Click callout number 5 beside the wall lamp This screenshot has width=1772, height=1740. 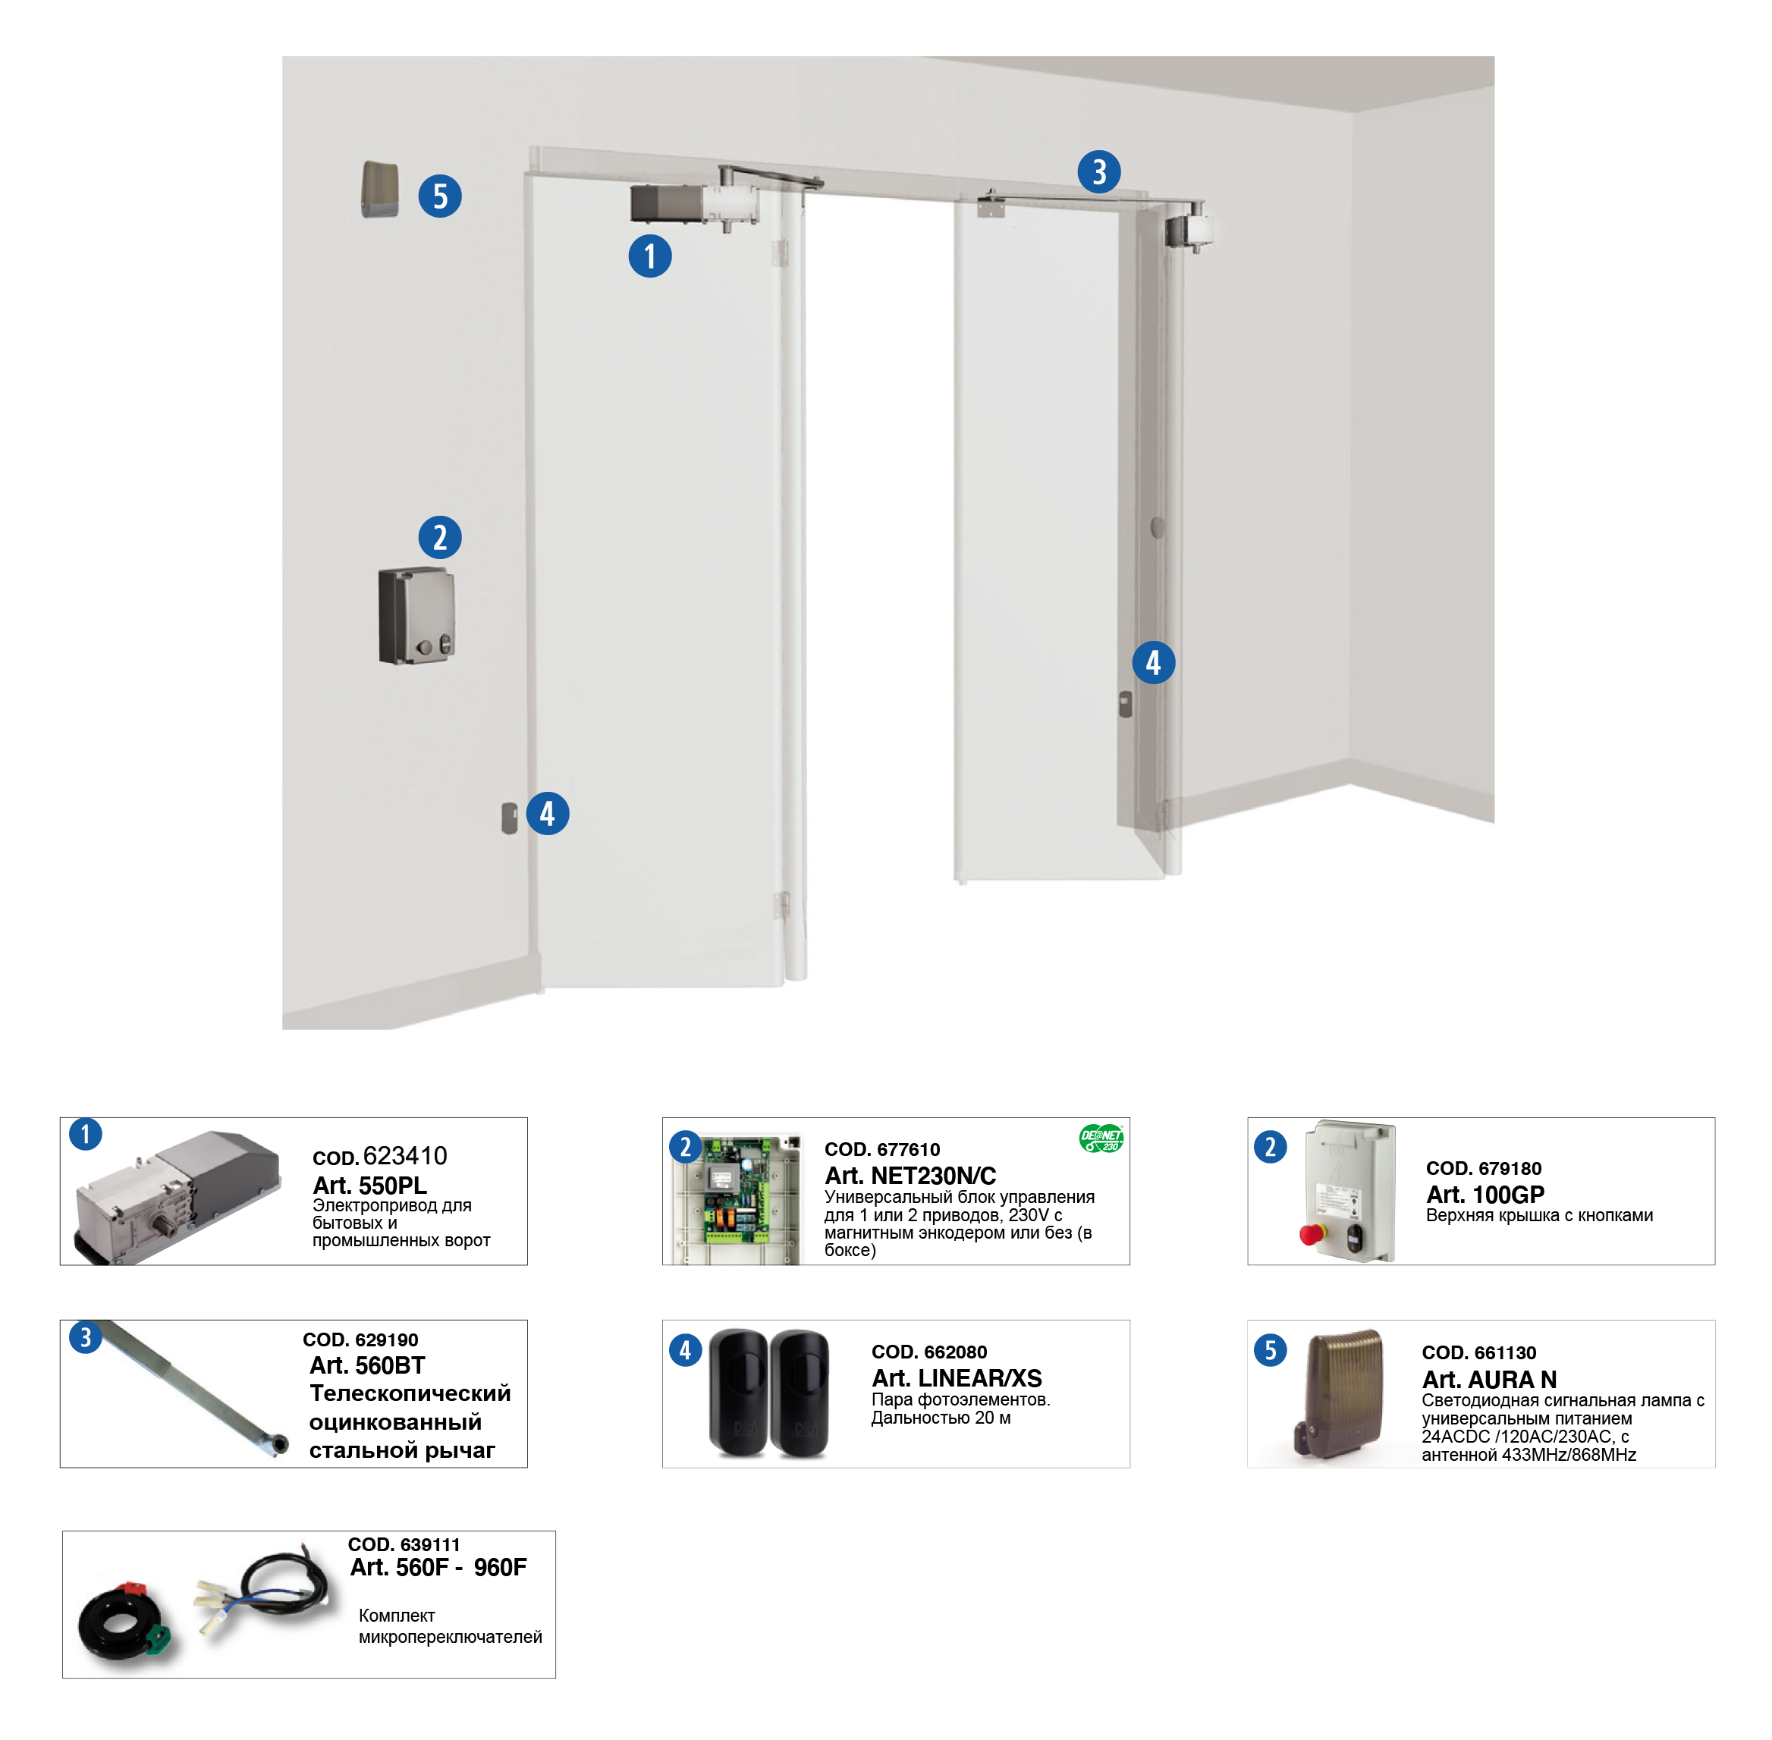click(439, 196)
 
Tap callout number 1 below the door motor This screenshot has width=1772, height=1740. click(650, 256)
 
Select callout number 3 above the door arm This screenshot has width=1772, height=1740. click(1098, 171)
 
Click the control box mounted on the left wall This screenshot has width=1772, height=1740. click(416, 615)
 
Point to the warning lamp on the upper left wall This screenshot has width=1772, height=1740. click(380, 189)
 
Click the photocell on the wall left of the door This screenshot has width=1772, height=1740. click(509, 818)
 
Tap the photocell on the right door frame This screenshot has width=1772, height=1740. click(1125, 704)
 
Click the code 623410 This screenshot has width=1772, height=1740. click(405, 1156)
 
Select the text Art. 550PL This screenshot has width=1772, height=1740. click(369, 1186)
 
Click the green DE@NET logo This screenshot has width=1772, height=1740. click(1101, 1138)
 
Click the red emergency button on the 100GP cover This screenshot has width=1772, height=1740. click(1312, 1234)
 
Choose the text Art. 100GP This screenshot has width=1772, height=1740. click(1485, 1195)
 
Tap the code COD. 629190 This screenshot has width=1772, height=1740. click(360, 1340)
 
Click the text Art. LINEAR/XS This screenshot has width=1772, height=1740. click(957, 1378)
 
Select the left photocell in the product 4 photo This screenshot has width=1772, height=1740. click(738, 1392)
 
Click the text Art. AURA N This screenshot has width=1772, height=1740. click(1489, 1379)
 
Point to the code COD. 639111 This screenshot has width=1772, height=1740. click(404, 1544)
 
